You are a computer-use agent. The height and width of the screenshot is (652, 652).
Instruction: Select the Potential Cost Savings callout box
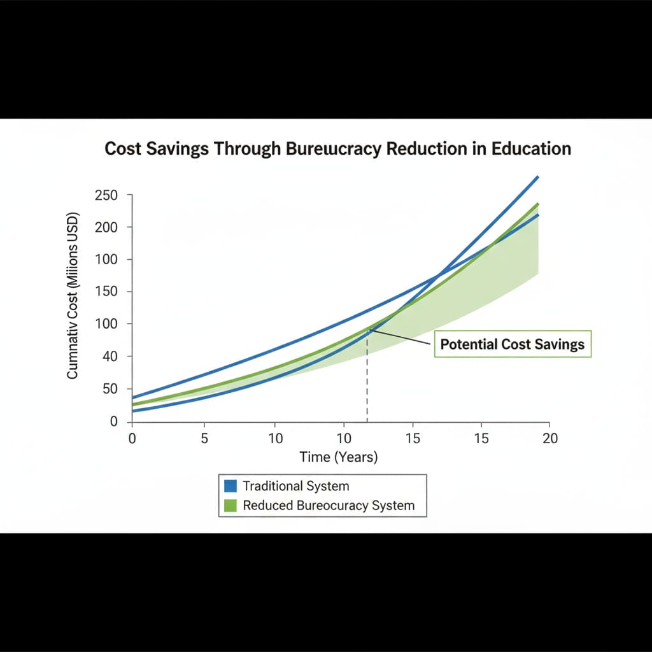[x=512, y=344]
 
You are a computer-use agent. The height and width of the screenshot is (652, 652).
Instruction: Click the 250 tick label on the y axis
[x=106, y=195]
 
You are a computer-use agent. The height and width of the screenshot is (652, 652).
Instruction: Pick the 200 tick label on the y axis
[x=106, y=227]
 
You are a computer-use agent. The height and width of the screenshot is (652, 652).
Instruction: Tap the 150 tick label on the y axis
[x=106, y=292]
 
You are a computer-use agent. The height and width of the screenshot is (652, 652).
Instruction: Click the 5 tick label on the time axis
[x=204, y=439]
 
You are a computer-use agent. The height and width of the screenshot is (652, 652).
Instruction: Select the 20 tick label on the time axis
[x=549, y=439]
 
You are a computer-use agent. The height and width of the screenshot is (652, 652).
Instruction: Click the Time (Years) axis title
[x=339, y=457]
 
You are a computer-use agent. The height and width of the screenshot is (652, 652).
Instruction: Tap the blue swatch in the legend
[x=231, y=486]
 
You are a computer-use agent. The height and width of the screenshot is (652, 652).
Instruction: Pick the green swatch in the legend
[x=231, y=506]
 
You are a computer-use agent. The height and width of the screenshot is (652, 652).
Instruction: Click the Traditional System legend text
[x=296, y=486]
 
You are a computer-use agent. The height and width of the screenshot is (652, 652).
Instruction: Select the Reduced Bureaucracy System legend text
[x=329, y=506]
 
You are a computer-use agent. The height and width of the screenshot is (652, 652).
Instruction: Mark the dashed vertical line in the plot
[x=367, y=382]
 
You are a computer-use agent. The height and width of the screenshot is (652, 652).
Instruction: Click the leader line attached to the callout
[x=401, y=337]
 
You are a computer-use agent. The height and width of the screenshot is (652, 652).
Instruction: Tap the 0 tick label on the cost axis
[x=114, y=422]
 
